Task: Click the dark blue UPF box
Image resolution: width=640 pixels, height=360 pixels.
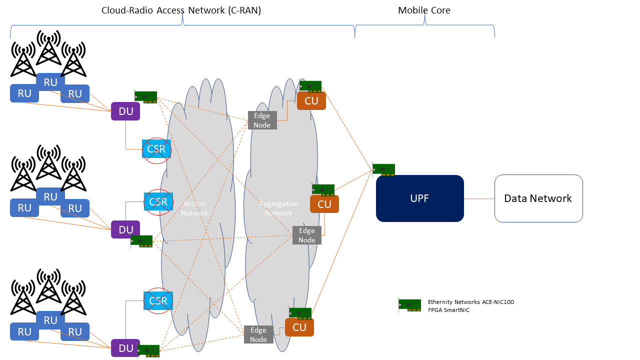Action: pyautogui.click(x=419, y=198)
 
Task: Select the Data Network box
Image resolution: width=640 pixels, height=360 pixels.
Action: pyautogui.click(x=538, y=198)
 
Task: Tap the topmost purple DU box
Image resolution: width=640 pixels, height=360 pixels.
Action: pyautogui.click(x=125, y=111)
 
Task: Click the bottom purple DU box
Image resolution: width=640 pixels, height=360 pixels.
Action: pyautogui.click(x=125, y=348)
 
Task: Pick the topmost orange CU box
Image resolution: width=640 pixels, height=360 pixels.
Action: pyautogui.click(x=311, y=101)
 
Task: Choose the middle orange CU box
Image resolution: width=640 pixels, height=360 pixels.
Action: pyautogui.click(x=324, y=204)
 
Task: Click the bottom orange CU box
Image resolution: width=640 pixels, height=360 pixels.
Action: pyautogui.click(x=299, y=327)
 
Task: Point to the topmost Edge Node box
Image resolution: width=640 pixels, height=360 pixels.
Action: pyautogui.click(x=262, y=120)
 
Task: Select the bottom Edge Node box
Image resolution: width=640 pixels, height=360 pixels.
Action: pyautogui.click(x=258, y=334)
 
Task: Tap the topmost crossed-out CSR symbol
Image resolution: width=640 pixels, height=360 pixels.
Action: pyautogui.click(x=156, y=149)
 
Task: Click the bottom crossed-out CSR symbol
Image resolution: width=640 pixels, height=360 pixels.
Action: pyautogui.click(x=158, y=301)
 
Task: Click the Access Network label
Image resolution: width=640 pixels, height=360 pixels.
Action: pyautogui.click(x=194, y=208)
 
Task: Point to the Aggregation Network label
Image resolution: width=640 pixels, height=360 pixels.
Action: pyautogui.click(x=278, y=208)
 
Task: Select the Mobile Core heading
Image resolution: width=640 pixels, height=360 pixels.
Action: pyautogui.click(x=424, y=10)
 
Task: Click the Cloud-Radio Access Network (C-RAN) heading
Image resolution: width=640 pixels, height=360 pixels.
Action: pyautogui.click(x=181, y=10)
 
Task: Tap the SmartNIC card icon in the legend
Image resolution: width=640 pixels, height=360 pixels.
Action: pyautogui.click(x=409, y=305)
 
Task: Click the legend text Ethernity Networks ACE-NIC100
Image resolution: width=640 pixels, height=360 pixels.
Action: pyautogui.click(x=470, y=302)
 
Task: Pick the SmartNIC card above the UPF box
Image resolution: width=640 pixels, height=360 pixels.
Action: pyautogui.click(x=383, y=170)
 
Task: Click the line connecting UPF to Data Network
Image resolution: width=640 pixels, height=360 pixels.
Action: pyautogui.click(x=479, y=198)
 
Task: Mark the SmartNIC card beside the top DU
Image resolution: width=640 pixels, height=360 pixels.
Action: pyautogui.click(x=146, y=97)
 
